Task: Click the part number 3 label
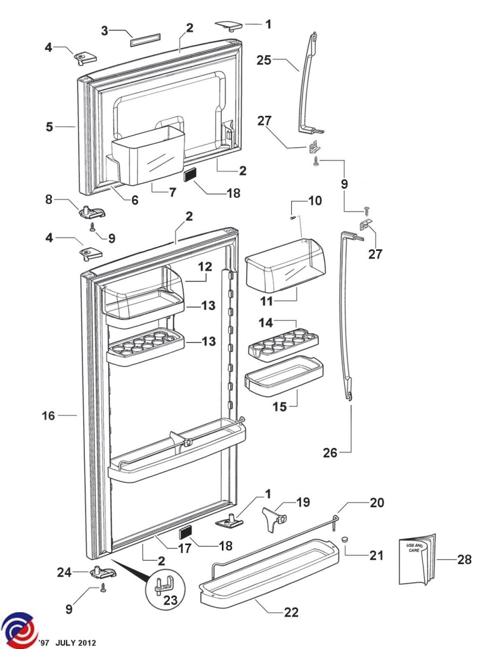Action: [x=104, y=31]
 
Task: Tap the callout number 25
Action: [x=264, y=61]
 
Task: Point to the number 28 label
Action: [x=464, y=559]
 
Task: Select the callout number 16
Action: [x=49, y=416]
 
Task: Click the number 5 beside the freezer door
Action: [x=49, y=127]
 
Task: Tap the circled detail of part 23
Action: [x=165, y=585]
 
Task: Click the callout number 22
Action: [x=291, y=612]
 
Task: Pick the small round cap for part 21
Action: [x=345, y=539]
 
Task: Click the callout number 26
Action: [x=330, y=453]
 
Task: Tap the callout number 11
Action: [x=266, y=302]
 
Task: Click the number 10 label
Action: [x=315, y=201]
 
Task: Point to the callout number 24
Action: [x=64, y=573]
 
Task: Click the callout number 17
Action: [x=185, y=548]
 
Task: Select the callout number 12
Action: [x=205, y=267]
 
